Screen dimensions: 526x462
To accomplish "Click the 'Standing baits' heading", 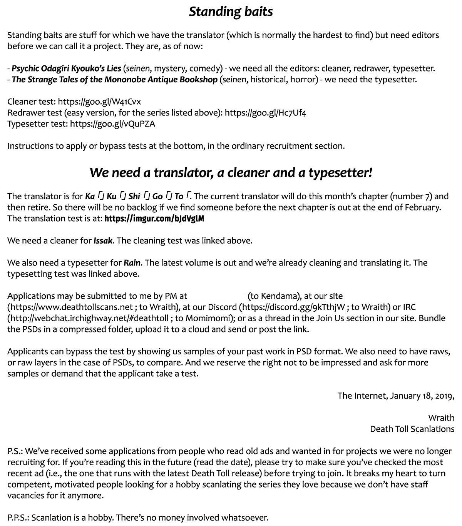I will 231,12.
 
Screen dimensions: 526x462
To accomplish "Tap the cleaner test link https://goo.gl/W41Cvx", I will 99,102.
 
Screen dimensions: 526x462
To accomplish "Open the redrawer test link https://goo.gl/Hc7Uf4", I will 265,113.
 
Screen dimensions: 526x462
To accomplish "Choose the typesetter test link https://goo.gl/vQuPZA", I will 112,124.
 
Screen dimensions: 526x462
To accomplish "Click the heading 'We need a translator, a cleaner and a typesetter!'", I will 231,173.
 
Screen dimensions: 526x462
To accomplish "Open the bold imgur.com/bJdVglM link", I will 154,219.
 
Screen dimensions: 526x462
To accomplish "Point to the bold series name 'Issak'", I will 103,241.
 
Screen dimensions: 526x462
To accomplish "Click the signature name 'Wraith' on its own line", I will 441,418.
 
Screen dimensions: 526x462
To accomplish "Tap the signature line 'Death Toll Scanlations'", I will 412,429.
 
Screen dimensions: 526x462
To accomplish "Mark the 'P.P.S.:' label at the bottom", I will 18,518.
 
